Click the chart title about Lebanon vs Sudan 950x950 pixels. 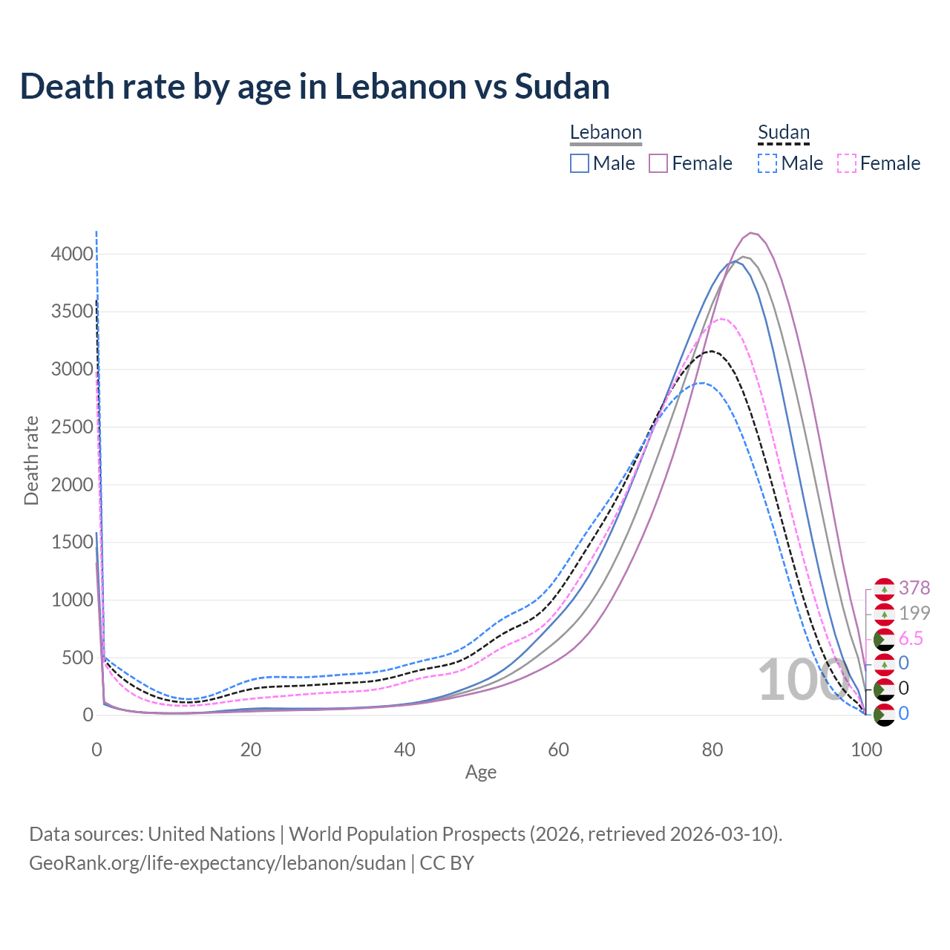tap(315, 87)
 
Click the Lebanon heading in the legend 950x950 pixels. tap(606, 133)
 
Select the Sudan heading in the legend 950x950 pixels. tap(783, 133)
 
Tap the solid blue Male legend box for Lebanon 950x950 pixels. tap(580, 163)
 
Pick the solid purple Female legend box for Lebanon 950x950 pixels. tap(658, 163)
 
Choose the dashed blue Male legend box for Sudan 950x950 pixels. tap(767, 163)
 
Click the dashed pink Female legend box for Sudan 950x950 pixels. tap(847, 163)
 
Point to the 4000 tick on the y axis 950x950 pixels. tap(72, 255)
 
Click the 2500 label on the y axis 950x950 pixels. tap(72, 427)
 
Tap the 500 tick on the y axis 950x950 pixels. tap(77, 658)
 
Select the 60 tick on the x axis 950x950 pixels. tap(558, 750)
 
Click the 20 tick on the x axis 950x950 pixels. tap(251, 750)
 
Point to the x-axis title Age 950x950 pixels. tap(481, 773)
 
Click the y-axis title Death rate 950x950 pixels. tap(31, 461)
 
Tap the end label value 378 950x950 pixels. tap(914, 588)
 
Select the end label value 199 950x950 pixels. tap(914, 613)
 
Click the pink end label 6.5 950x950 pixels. tap(911, 638)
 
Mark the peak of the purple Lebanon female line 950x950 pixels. tap(752, 233)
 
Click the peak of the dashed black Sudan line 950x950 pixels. tap(712, 351)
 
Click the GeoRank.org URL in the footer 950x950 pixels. tap(217, 863)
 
